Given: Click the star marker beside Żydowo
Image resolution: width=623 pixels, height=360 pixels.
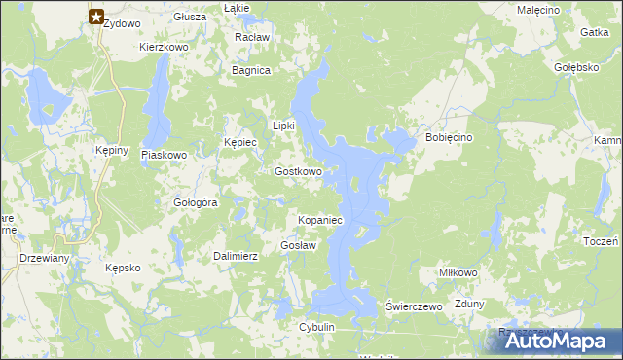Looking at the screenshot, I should coord(96,16).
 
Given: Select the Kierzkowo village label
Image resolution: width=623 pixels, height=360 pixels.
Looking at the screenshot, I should coord(164,46).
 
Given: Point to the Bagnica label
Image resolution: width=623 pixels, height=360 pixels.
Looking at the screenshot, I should coord(250,70).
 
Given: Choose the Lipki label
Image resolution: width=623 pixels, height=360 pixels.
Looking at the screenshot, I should coord(283,126).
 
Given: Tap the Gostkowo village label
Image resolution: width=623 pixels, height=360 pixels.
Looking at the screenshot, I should coord(298,171).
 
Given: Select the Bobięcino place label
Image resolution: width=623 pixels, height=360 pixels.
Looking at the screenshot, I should coord(449,138).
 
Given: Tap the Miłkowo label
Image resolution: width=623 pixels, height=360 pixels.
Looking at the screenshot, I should coord(458,272).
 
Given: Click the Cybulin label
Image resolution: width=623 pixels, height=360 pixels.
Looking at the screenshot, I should coord(317,328).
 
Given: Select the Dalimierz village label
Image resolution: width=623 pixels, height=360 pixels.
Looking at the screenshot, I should coord(235,256).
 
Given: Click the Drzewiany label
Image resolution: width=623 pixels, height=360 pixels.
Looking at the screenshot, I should coord(44,258).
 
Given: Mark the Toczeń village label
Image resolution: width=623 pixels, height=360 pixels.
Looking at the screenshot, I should coord(604,241).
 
